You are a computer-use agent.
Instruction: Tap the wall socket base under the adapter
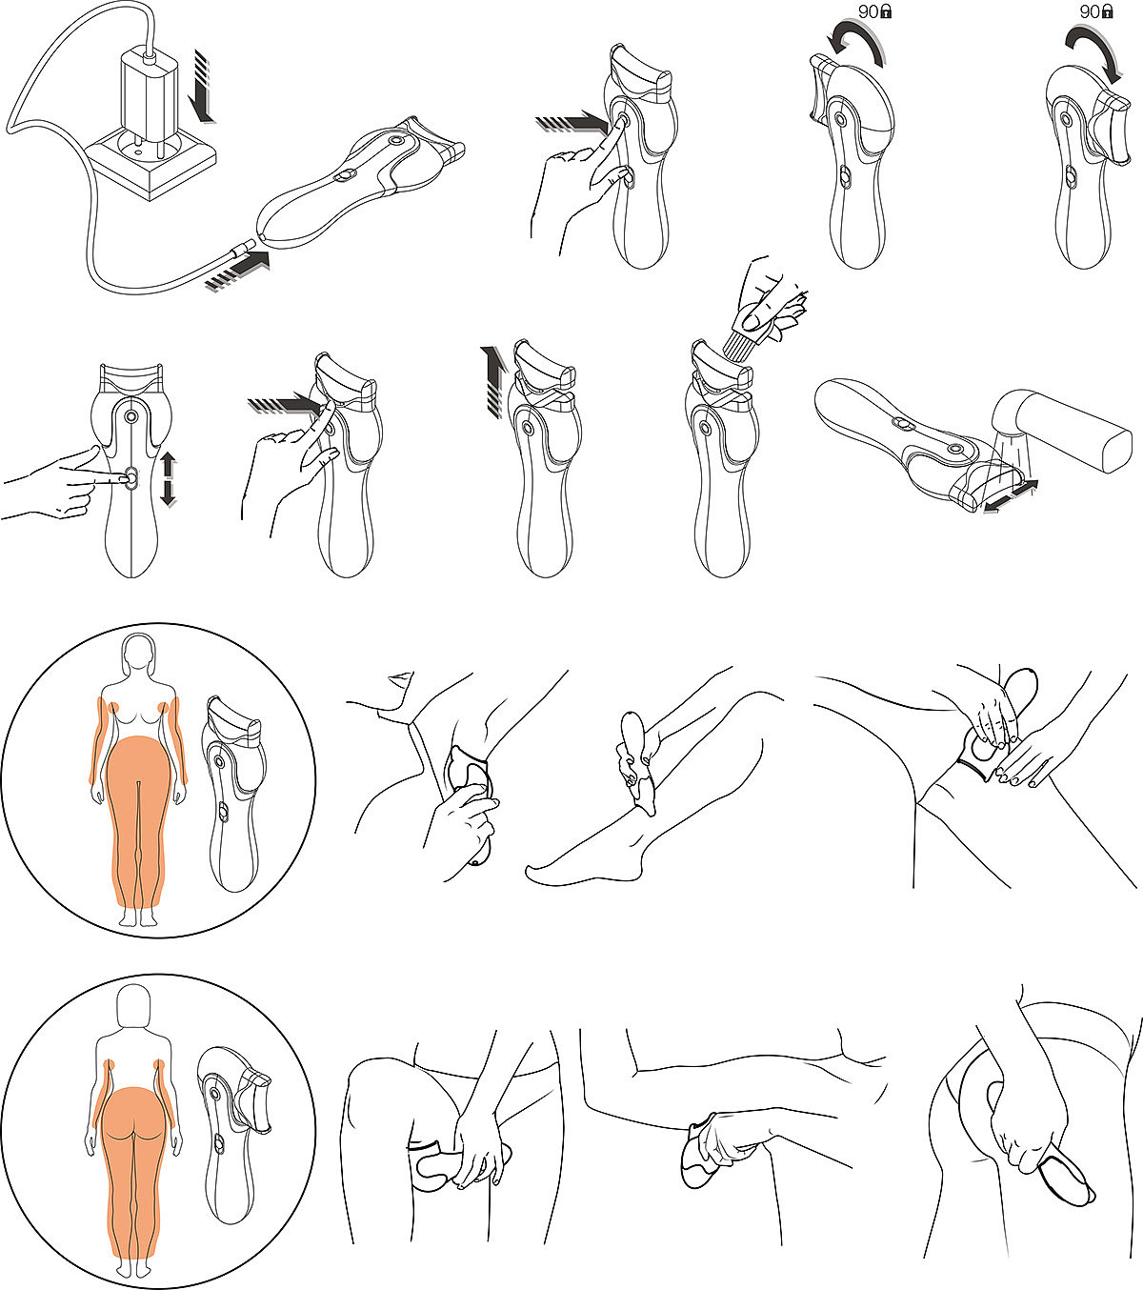[x=150, y=166]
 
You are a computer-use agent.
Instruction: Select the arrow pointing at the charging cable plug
[x=238, y=270]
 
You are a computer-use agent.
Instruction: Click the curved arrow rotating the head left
[x=855, y=48]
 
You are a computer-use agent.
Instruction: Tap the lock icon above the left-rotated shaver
[x=886, y=11]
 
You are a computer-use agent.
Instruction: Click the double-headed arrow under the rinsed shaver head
[x=1010, y=496]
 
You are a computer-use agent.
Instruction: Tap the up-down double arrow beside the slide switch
[x=168, y=479]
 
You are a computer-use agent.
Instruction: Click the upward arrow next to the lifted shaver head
[x=492, y=381]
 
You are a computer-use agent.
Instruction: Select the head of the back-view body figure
[x=134, y=1005]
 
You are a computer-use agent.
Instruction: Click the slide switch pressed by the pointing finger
[x=131, y=478]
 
